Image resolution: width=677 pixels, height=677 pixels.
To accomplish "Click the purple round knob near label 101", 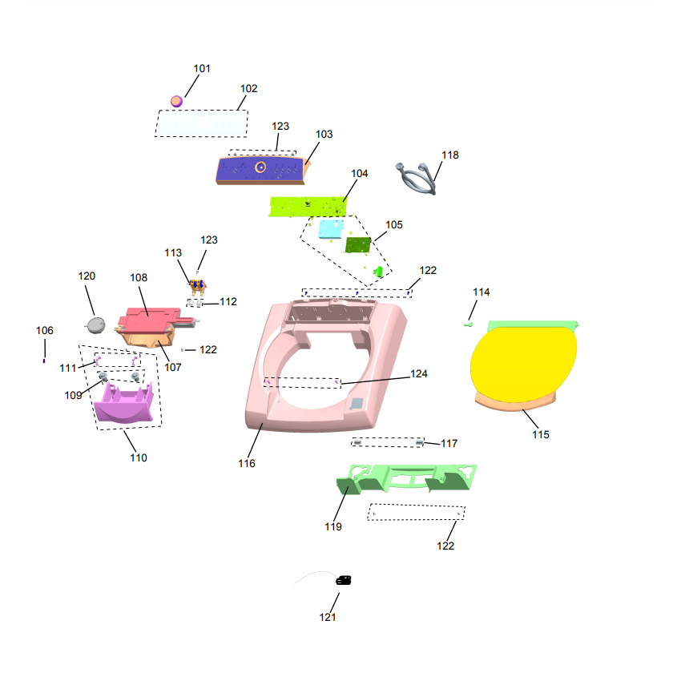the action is tap(176, 102).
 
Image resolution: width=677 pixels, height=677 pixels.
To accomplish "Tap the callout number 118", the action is tap(450, 155).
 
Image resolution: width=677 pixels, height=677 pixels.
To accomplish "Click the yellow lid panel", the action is tap(524, 365).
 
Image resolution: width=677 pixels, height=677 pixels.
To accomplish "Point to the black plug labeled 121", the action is tap(344, 580).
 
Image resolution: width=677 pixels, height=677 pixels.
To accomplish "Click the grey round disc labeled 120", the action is tap(96, 325).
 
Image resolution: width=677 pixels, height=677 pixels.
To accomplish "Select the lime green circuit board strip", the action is tap(308, 207).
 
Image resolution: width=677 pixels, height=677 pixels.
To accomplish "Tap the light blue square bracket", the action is tap(331, 229).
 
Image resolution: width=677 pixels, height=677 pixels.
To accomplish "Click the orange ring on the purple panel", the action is tap(260, 167).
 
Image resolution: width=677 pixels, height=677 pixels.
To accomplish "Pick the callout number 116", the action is tap(247, 463).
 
